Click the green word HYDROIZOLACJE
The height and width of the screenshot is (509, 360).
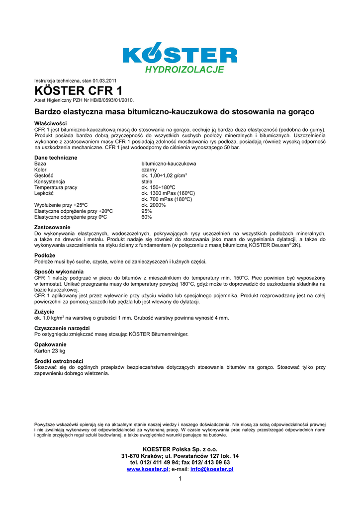click(x=184, y=70)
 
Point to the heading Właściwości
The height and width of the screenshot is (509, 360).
click(x=51, y=123)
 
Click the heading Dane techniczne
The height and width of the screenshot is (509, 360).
click(x=56, y=158)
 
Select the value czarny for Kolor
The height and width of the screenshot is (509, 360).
click(x=149, y=170)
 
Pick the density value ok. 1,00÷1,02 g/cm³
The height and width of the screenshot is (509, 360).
click(x=164, y=175)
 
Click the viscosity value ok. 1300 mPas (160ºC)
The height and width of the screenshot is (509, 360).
click(x=168, y=193)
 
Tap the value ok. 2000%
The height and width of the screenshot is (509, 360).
click(x=154, y=205)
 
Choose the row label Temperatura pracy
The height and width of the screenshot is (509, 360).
click(x=56, y=187)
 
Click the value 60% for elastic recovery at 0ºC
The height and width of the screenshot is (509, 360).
click(x=147, y=217)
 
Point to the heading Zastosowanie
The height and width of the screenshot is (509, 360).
click(x=52, y=227)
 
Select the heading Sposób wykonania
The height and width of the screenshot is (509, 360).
click(x=59, y=271)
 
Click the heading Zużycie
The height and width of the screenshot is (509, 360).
click(x=44, y=312)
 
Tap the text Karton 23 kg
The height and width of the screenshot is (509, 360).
click(x=50, y=350)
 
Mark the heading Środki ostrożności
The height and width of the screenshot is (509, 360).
click(x=59, y=361)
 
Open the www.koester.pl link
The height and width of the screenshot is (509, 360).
click(x=148, y=469)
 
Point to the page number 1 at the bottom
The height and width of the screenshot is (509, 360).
click(x=180, y=479)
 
